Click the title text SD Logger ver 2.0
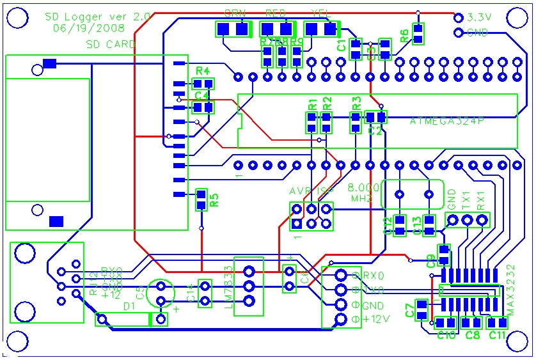point(97,17)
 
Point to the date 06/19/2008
point(88,28)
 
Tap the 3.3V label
point(479,17)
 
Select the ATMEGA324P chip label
point(446,120)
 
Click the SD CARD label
point(111,44)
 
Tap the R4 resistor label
point(203,71)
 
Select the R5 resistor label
point(214,200)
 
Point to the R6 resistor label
point(404,36)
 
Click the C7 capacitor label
point(409,310)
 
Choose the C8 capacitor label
point(473,334)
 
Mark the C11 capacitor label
point(498,334)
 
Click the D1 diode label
point(129,307)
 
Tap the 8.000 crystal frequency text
point(363,189)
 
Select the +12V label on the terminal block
point(375,318)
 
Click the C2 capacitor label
point(375,130)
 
